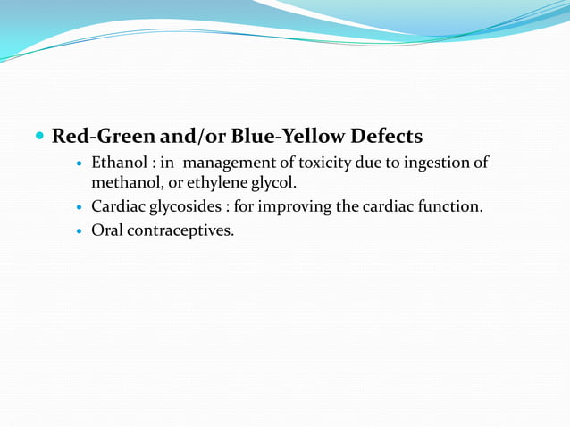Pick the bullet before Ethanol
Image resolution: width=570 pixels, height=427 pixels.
[80, 164]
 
